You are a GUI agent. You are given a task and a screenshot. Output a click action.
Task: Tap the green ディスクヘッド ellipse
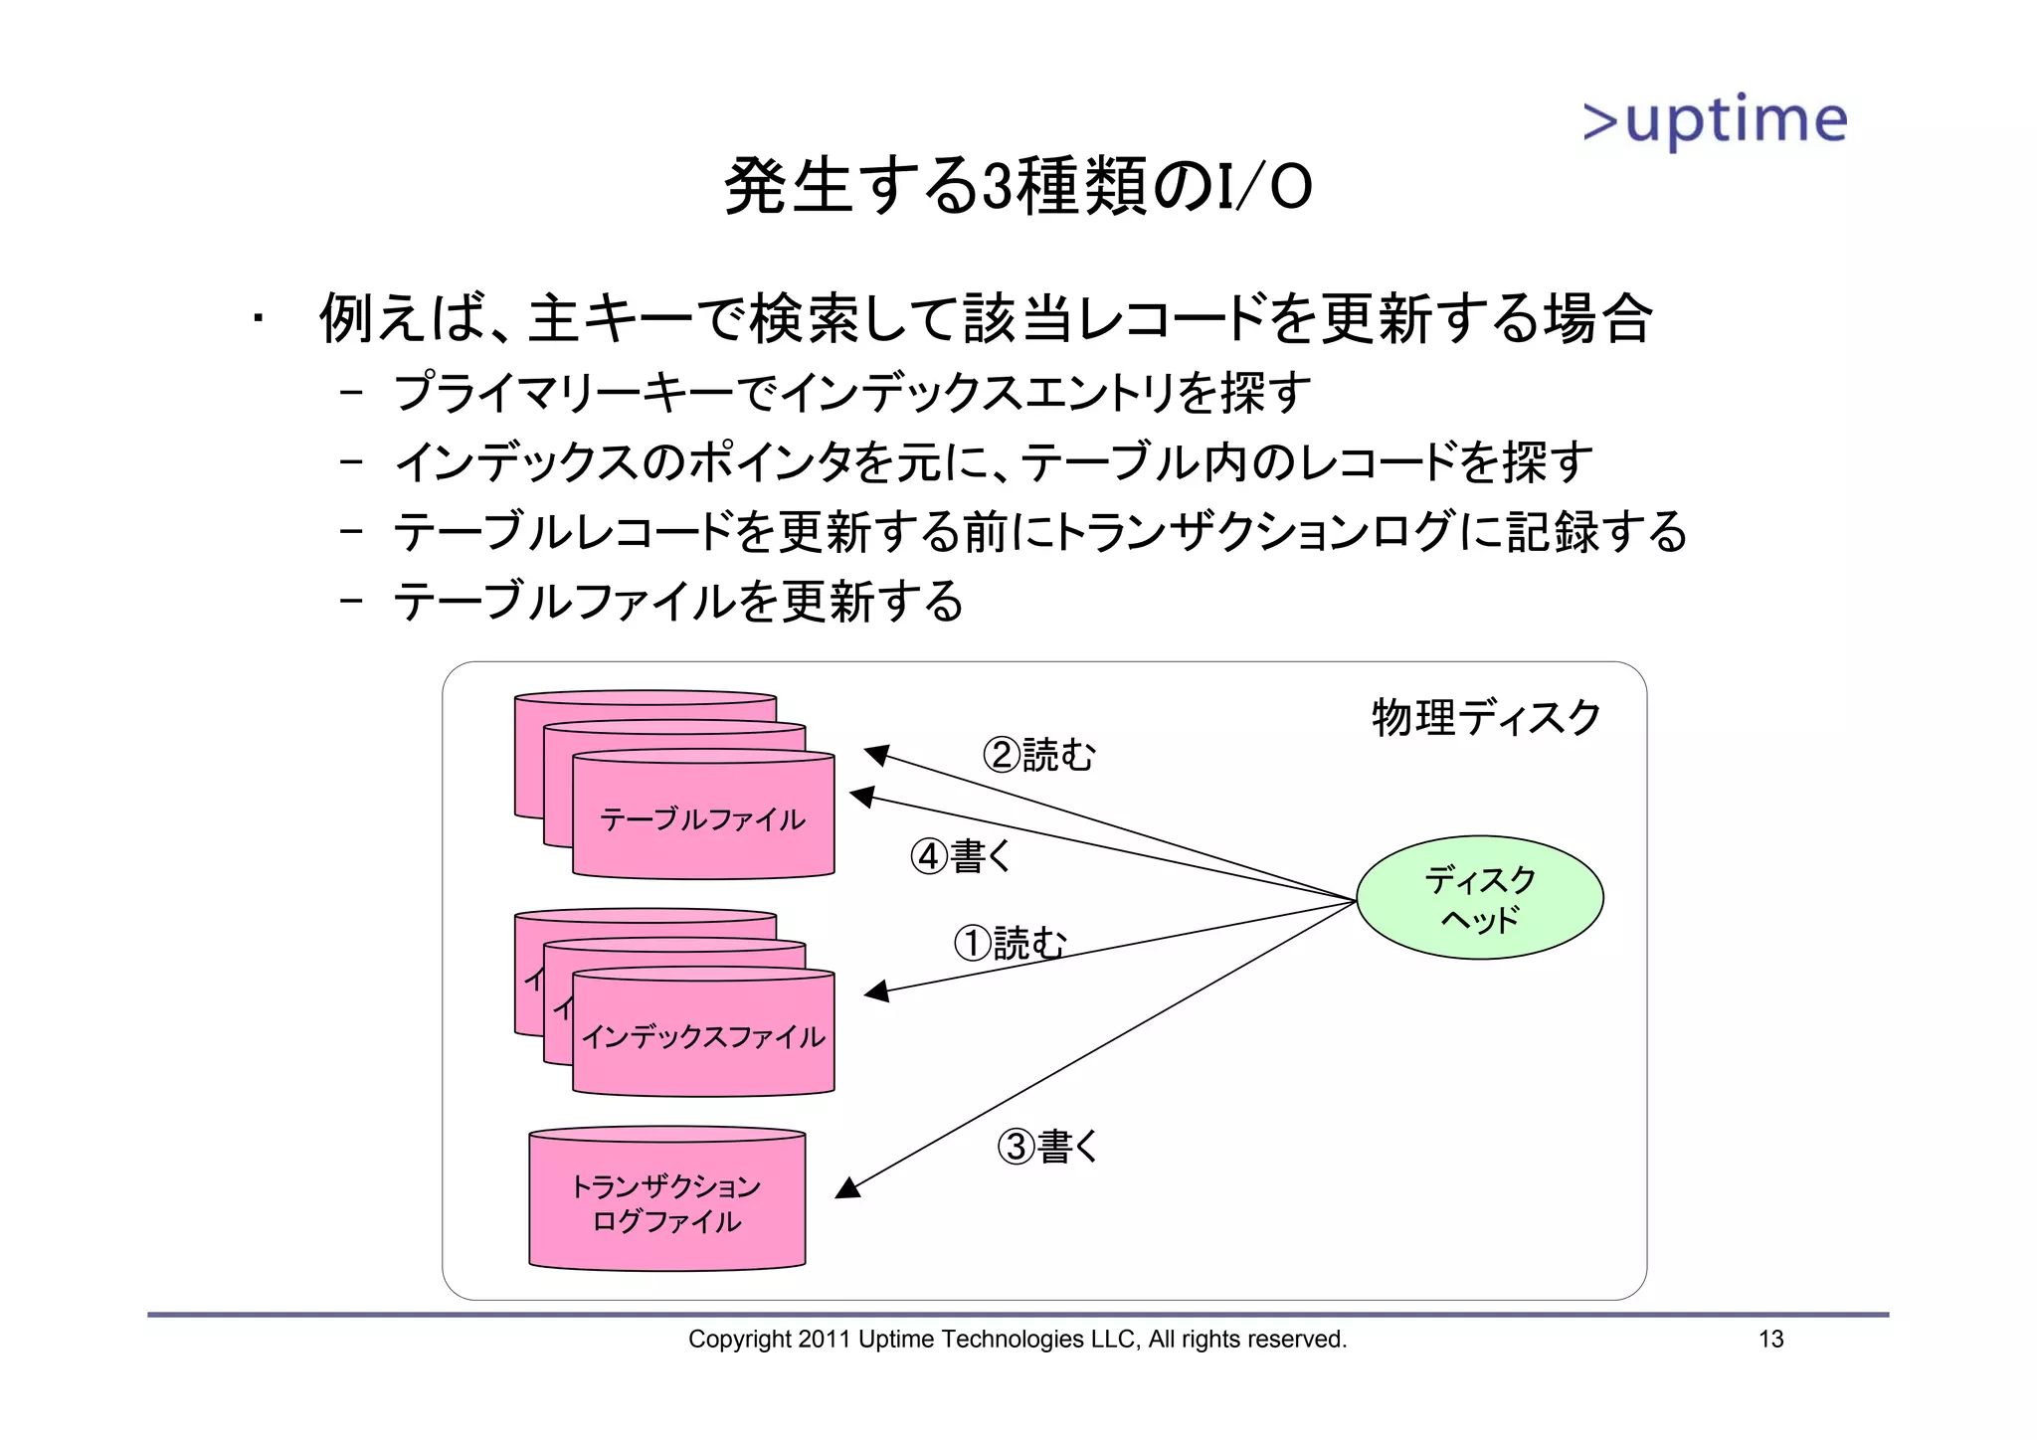[1479, 897]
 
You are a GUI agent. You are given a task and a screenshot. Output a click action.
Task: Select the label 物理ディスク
[1486, 718]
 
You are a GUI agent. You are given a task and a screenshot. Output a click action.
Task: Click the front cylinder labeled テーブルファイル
[703, 819]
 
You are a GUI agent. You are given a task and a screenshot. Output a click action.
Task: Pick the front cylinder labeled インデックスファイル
[703, 1037]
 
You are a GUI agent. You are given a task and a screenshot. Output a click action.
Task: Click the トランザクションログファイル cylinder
[666, 1203]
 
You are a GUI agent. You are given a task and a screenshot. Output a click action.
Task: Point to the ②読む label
[1038, 755]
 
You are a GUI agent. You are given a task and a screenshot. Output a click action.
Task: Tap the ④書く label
[961, 856]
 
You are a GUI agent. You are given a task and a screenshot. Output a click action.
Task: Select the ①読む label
[1009, 943]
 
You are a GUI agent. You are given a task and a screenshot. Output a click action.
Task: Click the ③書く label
[1047, 1147]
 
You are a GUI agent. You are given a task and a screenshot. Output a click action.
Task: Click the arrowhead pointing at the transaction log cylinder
[847, 1188]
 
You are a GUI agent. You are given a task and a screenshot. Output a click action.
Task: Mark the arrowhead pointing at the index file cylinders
[876, 991]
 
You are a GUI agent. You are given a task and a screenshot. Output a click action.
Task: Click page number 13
[1770, 1340]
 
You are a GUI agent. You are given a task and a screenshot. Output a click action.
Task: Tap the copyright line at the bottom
[1017, 1340]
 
